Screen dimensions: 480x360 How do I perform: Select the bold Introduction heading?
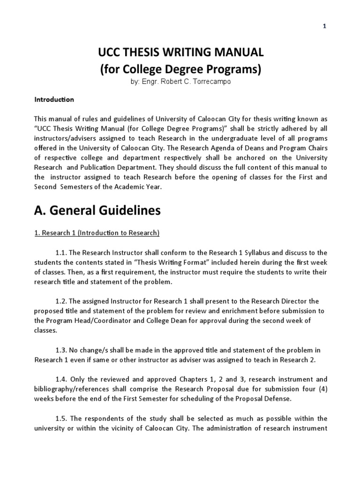pyautogui.click(x=54, y=99)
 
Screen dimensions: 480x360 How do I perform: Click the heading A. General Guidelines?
pyautogui.click(x=97, y=211)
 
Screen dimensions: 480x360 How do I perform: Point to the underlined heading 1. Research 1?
pyautogui.click(x=97, y=233)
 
